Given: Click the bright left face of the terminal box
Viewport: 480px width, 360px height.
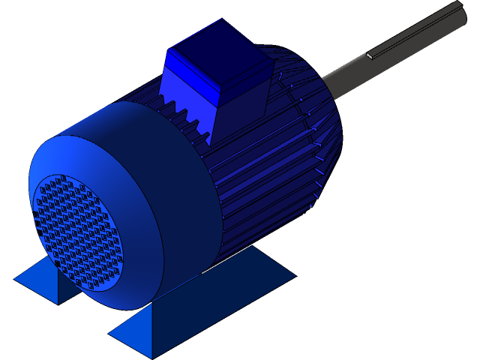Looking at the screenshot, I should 187,86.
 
